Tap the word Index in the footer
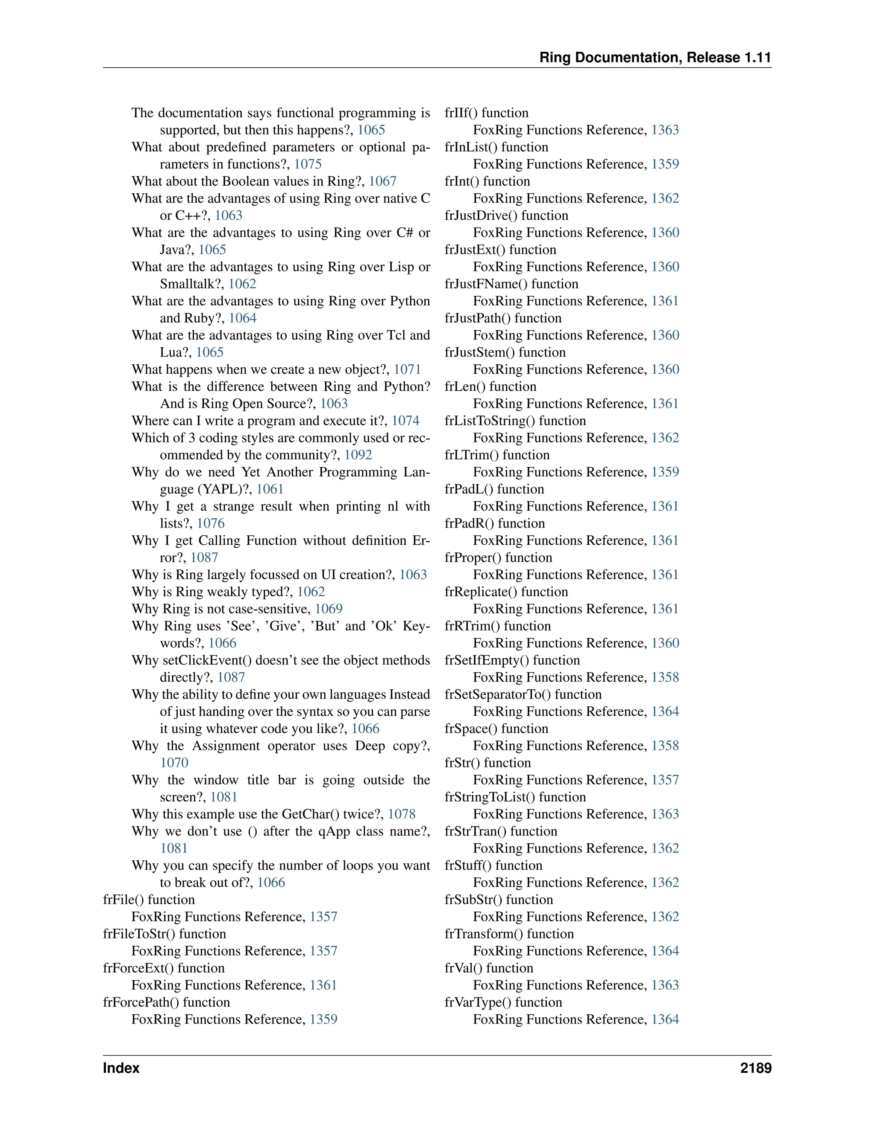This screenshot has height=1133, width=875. [121, 1068]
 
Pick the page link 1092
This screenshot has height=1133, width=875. [358, 455]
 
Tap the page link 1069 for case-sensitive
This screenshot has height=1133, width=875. [329, 608]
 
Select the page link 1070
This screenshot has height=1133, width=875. [174, 763]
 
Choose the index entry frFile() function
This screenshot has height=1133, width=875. [149, 900]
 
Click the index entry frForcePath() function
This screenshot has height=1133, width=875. [166, 1002]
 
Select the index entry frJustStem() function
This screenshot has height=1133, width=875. [505, 352]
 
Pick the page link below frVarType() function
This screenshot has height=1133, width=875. [665, 1019]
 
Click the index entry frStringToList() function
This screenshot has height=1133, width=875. [515, 797]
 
